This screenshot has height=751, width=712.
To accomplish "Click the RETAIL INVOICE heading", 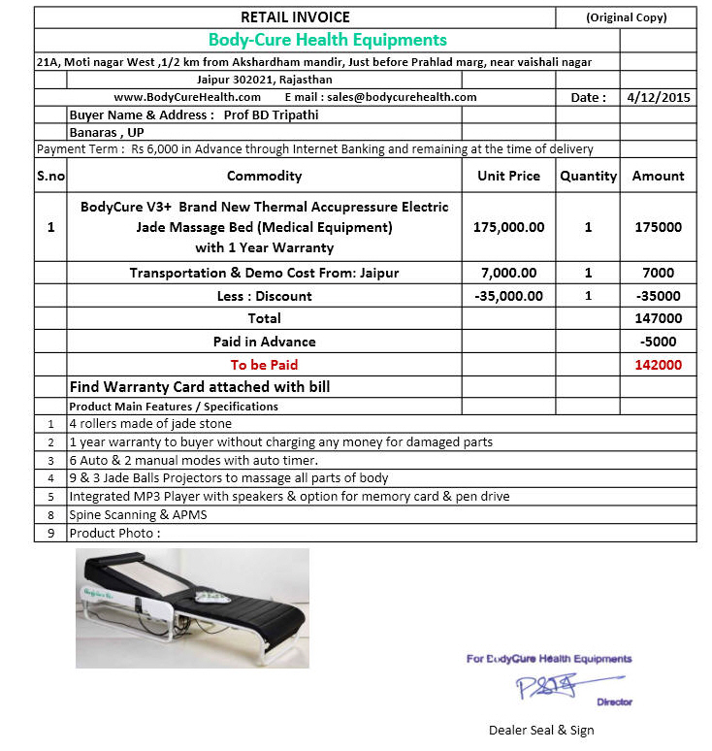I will [295, 16].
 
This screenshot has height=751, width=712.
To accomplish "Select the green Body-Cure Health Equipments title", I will [328, 40].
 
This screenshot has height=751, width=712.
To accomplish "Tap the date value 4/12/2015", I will [659, 97].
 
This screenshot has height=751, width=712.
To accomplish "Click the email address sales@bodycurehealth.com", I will [402, 97].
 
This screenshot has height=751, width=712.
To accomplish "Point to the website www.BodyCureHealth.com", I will [187, 97].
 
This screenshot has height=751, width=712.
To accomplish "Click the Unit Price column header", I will [508, 176].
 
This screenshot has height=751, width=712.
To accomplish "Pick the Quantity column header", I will [588, 176].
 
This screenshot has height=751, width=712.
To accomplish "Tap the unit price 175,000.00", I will [508, 227].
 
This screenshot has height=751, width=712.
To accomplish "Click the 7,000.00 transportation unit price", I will [508, 273].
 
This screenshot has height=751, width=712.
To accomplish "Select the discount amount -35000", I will [658, 296].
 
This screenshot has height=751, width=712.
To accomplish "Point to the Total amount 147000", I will [658, 318].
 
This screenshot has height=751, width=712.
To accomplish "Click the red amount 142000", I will [658, 365].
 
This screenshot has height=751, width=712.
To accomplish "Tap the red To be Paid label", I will [264, 365].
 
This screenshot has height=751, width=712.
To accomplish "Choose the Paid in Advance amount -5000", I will [658, 342].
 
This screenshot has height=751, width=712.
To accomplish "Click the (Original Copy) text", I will [627, 17].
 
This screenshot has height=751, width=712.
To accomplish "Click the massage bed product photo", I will [192, 608].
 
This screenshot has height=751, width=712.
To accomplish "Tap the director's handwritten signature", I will [546, 686].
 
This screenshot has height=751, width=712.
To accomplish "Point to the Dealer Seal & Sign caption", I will [541, 730].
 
